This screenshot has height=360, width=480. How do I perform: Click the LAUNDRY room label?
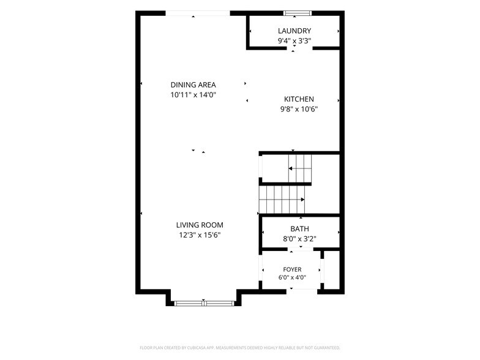coord(294,31)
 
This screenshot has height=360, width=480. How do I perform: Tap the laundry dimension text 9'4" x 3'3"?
coord(294,40)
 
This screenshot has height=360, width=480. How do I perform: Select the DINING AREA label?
coord(193,84)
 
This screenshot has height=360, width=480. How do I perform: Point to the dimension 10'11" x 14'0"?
coord(193,95)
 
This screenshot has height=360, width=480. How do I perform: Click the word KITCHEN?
coord(299,99)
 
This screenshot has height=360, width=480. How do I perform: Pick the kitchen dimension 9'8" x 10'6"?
coord(299,109)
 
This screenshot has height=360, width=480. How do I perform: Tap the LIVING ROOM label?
coord(200,225)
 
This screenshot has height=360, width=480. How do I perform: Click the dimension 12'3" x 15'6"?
coord(200,235)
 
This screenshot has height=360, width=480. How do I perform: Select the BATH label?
coord(300,229)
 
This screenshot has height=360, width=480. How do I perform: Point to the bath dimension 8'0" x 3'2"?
coord(300,239)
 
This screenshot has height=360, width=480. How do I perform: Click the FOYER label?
coord(292,269)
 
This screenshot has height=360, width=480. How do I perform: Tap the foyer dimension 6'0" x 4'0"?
coord(292,278)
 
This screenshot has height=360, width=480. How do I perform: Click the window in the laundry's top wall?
coord(298,13)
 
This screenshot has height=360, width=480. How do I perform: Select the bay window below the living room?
coord(203,304)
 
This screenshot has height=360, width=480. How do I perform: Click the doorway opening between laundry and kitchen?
coord(300,48)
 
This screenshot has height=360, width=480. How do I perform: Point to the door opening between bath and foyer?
coord(301,249)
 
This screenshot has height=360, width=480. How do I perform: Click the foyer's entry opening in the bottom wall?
coord(302,291)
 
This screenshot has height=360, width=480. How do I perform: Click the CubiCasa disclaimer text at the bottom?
coord(240,348)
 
